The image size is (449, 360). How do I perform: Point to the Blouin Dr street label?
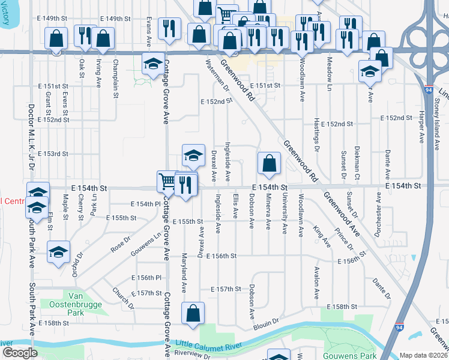tap(268, 322)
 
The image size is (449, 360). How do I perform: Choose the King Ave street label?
tap(322, 236)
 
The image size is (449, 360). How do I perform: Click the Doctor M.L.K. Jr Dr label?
tap(31, 139)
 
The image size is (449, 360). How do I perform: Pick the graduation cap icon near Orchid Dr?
tap(58, 252)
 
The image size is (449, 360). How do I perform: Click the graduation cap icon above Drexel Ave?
tap(193, 155)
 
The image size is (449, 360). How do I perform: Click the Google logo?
tap(20, 353)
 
